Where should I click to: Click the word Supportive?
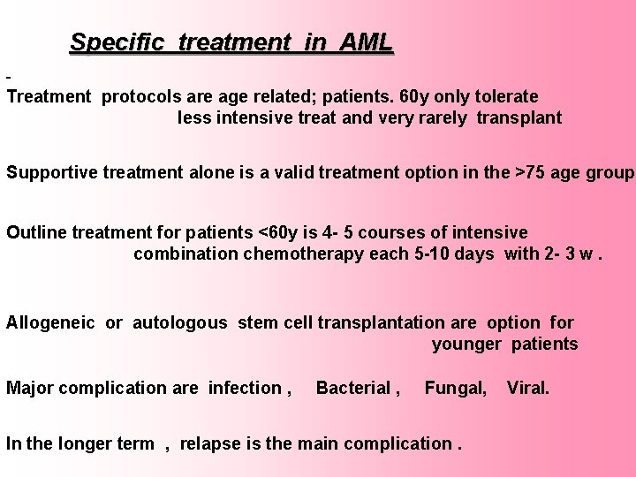(49, 172)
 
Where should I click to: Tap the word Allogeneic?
(52, 322)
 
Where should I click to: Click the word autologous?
(179, 322)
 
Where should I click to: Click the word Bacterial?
(353, 387)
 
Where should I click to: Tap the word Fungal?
(454, 387)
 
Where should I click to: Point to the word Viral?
(527, 387)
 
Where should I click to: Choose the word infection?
(244, 387)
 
